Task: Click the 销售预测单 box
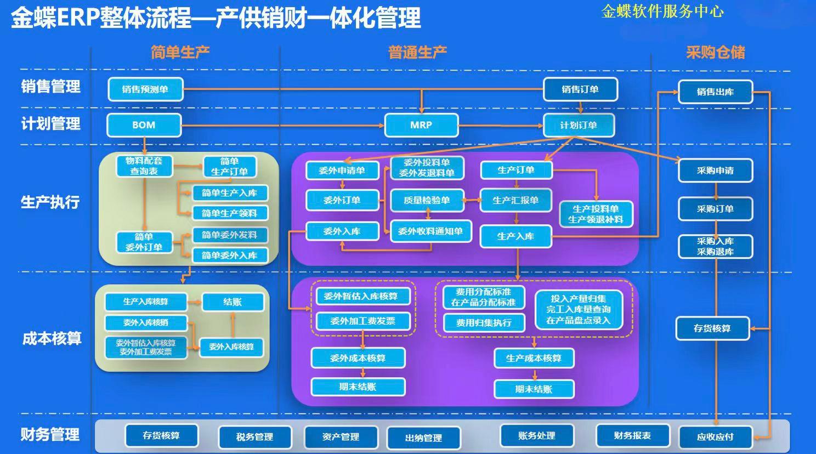145,89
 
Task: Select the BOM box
144,125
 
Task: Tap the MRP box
421,125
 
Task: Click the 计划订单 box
579,125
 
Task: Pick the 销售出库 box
715,92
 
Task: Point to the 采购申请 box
715,171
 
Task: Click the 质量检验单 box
427,201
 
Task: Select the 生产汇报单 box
515,201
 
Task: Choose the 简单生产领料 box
229,213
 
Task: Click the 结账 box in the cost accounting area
233,302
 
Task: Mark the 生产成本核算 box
534,358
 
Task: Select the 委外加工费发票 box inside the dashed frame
362,321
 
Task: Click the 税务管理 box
254,437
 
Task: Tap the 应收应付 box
715,437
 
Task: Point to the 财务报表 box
632,436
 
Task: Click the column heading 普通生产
417,53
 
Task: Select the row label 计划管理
50,124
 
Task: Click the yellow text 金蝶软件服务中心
662,12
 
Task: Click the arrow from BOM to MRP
282,126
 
